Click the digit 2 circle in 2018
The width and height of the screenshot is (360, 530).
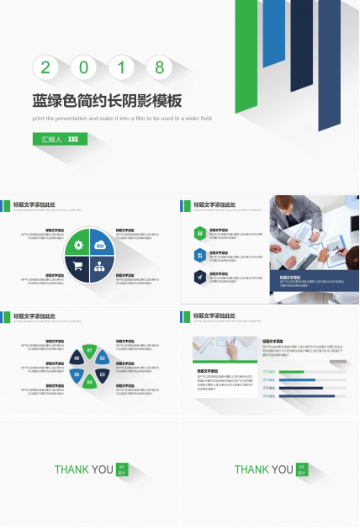tap(45, 67)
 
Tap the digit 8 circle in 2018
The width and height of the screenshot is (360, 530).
tap(159, 67)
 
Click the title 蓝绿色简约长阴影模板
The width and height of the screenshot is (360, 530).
tap(107, 100)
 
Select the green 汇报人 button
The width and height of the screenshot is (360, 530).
tap(61, 139)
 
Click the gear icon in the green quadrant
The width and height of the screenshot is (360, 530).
tap(78, 245)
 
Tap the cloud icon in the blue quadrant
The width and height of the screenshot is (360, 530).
tap(101, 245)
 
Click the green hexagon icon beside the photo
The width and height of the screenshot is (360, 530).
tap(199, 233)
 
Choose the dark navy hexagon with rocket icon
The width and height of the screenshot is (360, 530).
tap(199, 277)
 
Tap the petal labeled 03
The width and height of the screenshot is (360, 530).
tap(102, 373)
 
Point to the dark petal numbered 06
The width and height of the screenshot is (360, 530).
tap(77, 358)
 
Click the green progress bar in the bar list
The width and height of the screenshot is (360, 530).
tap(292, 371)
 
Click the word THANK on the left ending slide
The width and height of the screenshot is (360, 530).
tap(71, 469)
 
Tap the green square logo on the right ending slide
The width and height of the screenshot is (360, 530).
tap(302, 469)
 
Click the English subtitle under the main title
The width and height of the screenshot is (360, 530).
tap(122, 119)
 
